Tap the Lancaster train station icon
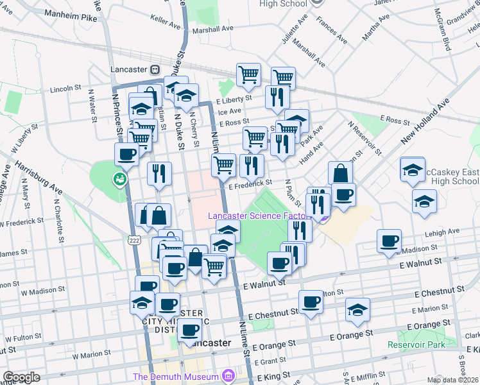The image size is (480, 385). point(155,69)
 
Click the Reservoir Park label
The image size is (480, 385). point(416,345)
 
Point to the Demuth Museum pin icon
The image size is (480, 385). point(227,375)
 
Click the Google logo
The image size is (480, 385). point(21,377)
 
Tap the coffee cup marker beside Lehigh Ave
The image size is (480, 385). point(389,241)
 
